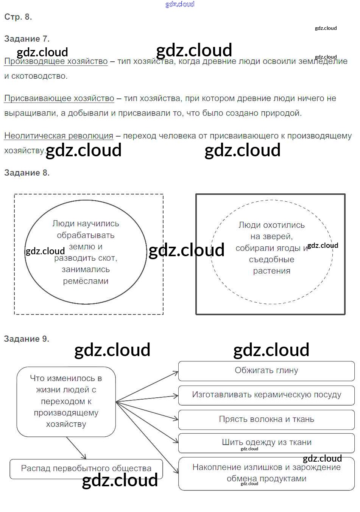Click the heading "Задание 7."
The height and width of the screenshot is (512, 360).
click(26, 39)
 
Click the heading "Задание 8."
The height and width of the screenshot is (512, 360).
click(26, 173)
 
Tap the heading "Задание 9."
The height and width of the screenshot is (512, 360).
click(26, 339)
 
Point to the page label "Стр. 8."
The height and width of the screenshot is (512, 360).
click(18, 17)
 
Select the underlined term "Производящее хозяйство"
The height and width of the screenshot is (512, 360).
click(56, 61)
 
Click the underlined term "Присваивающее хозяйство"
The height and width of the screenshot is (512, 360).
click(59, 98)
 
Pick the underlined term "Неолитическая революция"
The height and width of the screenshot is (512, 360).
click(59, 135)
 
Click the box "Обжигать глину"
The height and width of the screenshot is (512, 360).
click(266, 370)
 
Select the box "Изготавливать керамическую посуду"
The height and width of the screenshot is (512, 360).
click(266, 395)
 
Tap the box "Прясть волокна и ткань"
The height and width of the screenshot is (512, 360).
click(266, 419)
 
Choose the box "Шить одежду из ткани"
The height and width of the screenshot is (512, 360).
click(266, 442)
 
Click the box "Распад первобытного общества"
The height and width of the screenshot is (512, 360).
click(86, 468)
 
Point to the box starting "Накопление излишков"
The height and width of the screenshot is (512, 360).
click(266, 473)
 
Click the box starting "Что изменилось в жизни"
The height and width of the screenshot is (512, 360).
click(66, 401)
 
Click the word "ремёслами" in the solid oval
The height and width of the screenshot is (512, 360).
click(86, 281)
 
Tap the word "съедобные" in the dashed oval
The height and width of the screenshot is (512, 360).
click(271, 260)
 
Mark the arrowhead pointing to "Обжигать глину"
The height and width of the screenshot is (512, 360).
click(176, 373)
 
